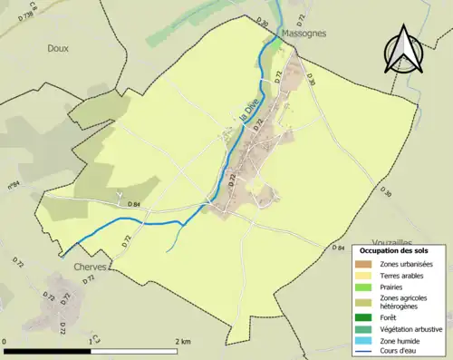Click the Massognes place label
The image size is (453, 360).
(307, 33)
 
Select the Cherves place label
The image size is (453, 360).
(86, 267)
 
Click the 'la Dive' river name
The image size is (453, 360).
(245, 121)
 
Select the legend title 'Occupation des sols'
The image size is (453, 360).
(394, 249)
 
